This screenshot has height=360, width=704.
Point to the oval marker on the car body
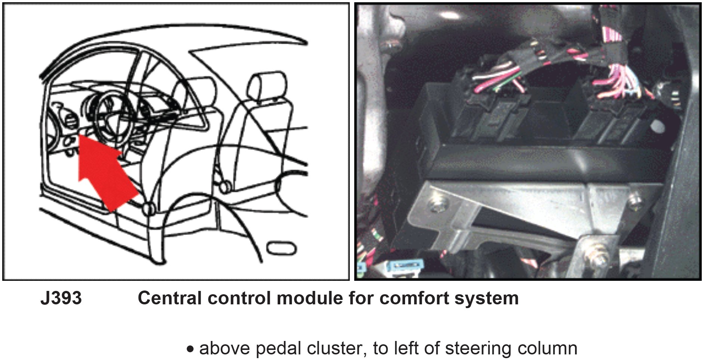[282, 248]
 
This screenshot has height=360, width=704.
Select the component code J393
[61, 298]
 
